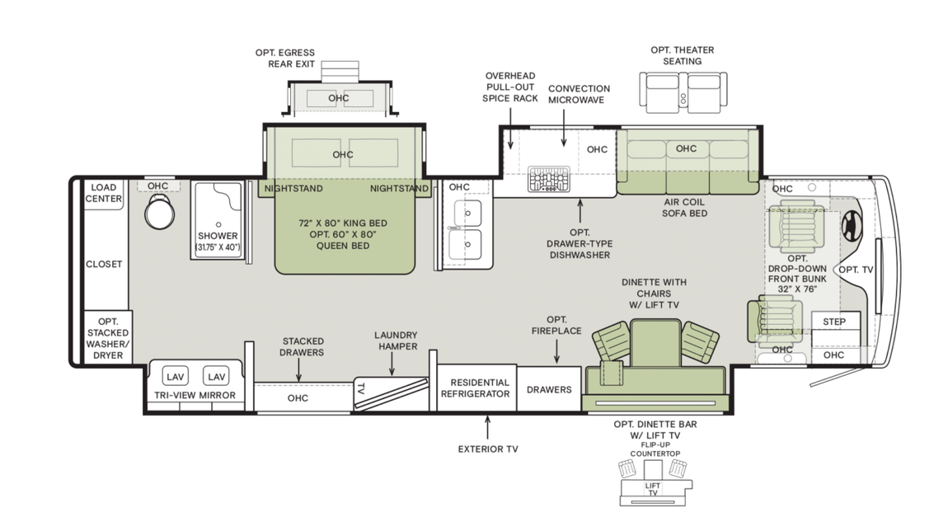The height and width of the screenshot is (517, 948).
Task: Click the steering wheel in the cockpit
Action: pos(849,223)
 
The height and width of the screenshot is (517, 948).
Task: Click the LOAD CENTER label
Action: pos(105,193)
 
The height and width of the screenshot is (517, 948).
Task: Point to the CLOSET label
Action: pos(105,265)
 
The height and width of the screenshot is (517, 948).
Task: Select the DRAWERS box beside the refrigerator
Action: pos(549,389)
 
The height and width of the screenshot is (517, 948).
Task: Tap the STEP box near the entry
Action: pos(835,322)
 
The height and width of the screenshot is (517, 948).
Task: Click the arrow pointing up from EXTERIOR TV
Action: pos(487,427)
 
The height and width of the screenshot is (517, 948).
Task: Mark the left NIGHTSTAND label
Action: pos(293,189)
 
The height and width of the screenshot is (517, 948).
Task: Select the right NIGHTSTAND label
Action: pos(399,189)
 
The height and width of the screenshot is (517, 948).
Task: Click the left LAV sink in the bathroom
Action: pos(175,377)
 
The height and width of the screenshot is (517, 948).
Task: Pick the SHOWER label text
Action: pos(218,236)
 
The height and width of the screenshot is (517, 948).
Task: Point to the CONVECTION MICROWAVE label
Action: pos(579,94)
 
